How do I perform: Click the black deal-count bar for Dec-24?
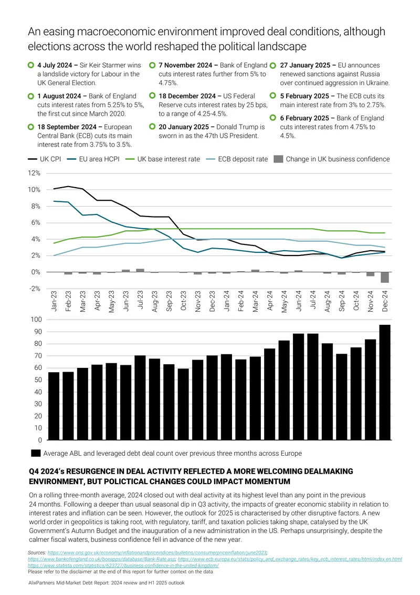pos(385,383)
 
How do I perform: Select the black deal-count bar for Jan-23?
pos(54,406)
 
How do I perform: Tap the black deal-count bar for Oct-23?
pos(183,405)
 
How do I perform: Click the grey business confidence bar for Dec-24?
pos(385,278)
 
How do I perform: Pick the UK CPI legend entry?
pos(44,159)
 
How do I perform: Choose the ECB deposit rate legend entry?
pos(237,159)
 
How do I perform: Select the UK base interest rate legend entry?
pos(163,159)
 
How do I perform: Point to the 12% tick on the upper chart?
pos(34,173)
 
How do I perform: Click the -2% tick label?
pos(35,289)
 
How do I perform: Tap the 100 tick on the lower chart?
pos(36,320)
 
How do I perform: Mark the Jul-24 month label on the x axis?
pos(313,301)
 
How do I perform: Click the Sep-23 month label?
pos(169,301)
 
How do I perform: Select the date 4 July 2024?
pos(55,65)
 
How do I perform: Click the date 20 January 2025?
pos(184,127)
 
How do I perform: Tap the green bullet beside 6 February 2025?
pos(272,118)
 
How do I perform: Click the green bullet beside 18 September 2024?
pos(30,126)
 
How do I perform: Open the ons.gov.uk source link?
pos(157,553)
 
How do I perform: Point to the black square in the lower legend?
pos(36,453)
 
